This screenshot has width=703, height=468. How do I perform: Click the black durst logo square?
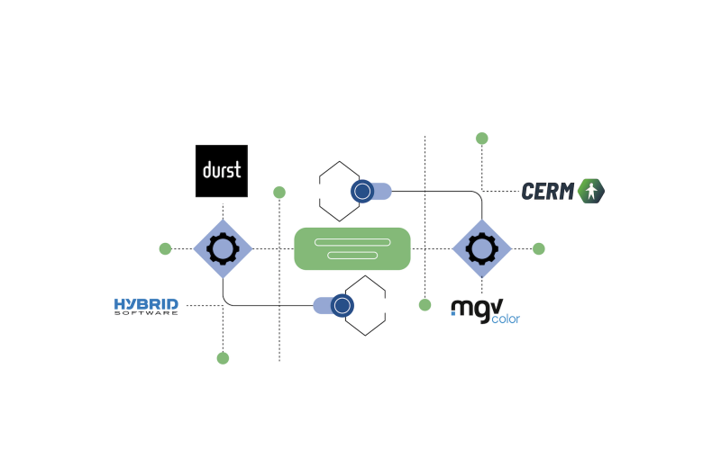(222, 171)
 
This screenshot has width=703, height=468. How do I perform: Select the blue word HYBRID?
(146, 304)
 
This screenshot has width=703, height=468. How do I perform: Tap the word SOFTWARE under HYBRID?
(146, 313)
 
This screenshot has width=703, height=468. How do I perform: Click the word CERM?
(548, 191)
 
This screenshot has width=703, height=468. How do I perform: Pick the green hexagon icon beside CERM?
(591, 191)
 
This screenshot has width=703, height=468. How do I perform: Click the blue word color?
(506, 319)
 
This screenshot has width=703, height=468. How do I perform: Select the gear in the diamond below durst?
(223, 248)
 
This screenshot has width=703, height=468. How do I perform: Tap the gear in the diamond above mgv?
(482, 248)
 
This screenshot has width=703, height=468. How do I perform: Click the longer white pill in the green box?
(352, 242)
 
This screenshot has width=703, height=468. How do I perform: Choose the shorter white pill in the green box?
(352, 256)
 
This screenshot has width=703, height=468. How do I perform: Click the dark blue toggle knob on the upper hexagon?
(362, 191)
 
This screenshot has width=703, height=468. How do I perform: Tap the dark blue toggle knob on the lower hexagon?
(342, 305)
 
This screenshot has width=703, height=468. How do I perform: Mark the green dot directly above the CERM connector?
(482, 139)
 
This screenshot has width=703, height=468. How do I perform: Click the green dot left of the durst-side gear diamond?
(166, 248)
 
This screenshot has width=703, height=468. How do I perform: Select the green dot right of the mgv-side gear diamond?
(539, 248)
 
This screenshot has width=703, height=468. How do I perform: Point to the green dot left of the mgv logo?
(425, 305)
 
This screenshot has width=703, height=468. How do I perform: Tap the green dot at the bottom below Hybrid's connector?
(223, 358)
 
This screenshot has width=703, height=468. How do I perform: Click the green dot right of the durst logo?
(279, 193)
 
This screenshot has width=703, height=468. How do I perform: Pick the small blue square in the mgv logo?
(453, 312)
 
